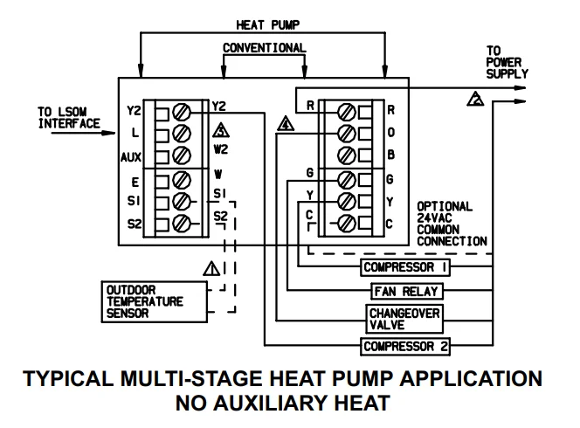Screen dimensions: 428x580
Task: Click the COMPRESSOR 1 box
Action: (404, 267)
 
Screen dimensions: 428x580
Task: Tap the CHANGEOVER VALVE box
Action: (404, 318)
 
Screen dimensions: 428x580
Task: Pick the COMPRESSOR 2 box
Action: (406, 347)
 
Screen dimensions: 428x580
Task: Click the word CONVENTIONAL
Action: (264, 47)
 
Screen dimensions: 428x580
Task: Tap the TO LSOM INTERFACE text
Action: (69, 118)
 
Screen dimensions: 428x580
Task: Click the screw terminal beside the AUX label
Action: (183, 156)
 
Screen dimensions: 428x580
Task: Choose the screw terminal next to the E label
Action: (183, 181)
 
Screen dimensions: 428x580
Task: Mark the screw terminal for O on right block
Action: (347, 134)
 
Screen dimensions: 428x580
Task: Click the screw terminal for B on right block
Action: (347, 156)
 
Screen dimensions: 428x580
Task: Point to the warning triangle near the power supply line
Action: (475, 100)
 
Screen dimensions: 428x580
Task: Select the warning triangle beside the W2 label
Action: (219, 133)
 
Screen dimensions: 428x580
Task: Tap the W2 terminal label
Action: (220, 150)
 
